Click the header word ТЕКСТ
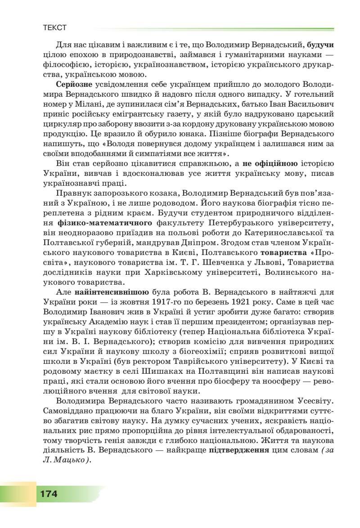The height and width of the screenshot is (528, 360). point(54,28)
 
